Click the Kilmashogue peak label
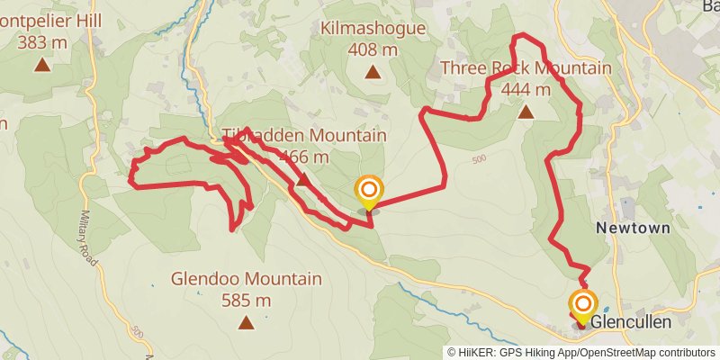373,29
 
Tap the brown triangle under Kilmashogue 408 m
373,71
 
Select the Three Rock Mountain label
526,68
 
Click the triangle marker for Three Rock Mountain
526,112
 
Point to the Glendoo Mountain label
246,279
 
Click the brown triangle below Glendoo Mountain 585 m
246,321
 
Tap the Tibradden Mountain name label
304,136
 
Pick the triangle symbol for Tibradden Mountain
303,180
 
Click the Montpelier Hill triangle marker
41,64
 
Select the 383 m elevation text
42,41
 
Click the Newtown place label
634,229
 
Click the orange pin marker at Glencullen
583,304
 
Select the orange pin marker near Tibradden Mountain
369,190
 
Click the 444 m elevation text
526,89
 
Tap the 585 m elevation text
246,300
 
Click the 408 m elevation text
373,49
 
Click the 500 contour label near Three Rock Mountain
478,160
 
